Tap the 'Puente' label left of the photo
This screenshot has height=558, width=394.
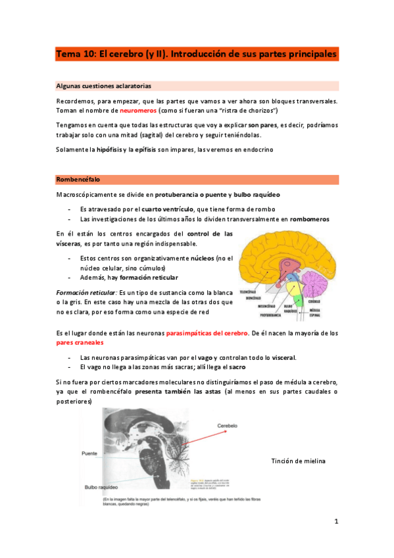(90, 453)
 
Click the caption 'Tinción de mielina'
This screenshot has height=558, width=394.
(298, 461)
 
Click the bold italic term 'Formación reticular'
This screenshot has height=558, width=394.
(86, 292)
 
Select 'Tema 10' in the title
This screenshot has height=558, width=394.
(76, 53)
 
